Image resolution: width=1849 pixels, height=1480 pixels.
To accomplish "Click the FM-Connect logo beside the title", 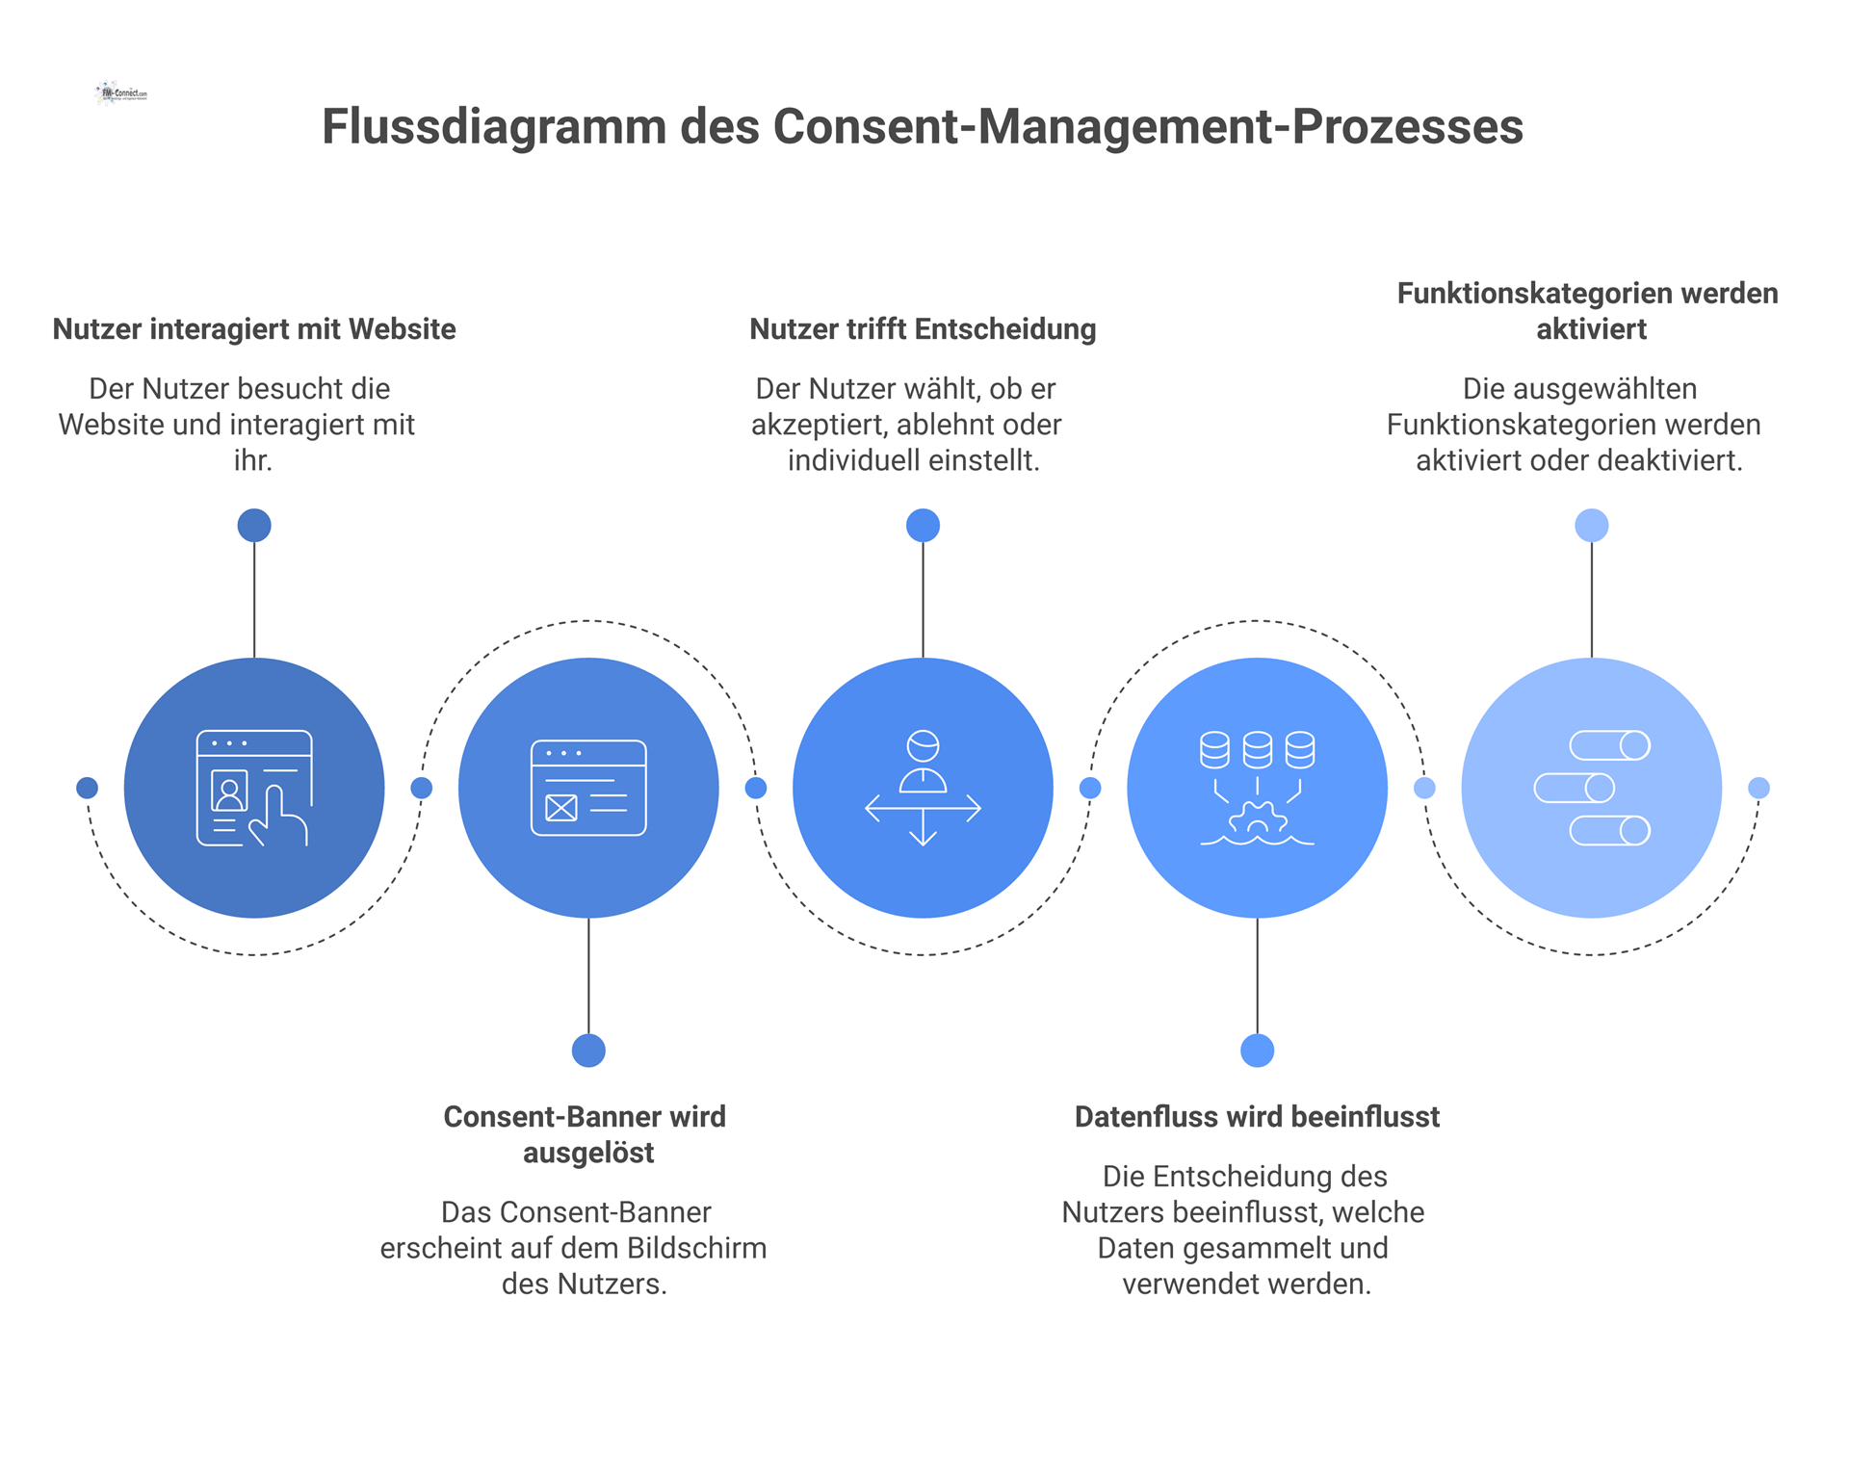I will [121, 93].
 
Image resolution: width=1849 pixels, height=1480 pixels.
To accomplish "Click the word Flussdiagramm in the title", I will [493, 127].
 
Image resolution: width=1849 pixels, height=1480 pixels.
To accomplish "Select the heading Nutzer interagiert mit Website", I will [254, 329].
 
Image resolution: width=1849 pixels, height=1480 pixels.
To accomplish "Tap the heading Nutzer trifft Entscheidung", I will [923, 329].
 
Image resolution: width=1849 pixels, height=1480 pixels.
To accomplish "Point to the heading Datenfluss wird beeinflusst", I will [1257, 1117].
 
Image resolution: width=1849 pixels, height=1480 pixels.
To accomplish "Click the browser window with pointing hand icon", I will [254, 789].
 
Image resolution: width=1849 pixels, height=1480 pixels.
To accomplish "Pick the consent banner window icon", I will [588, 789].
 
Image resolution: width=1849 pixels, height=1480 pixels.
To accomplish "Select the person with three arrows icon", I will [923, 789].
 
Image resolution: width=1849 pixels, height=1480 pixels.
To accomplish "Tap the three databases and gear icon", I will [1257, 789].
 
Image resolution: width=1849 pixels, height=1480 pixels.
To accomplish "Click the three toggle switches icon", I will [1592, 789].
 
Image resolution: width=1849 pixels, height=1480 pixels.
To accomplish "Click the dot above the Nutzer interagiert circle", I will [254, 526].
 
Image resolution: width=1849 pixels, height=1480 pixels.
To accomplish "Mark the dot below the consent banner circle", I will [588, 1051].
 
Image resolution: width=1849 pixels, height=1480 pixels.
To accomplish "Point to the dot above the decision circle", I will [923, 526].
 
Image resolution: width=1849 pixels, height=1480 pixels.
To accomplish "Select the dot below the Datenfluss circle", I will [1257, 1051].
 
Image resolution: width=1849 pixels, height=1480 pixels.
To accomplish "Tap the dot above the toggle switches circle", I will [1592, 526].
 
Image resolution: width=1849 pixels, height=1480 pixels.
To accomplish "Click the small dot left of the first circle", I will [88, 789].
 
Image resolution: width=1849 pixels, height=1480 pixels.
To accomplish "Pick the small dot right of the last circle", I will [1758, 789].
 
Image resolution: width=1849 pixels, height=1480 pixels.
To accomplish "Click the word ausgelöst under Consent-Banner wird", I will [588, 1153].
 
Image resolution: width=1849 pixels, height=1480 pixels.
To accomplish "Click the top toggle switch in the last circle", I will [1609, 745].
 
